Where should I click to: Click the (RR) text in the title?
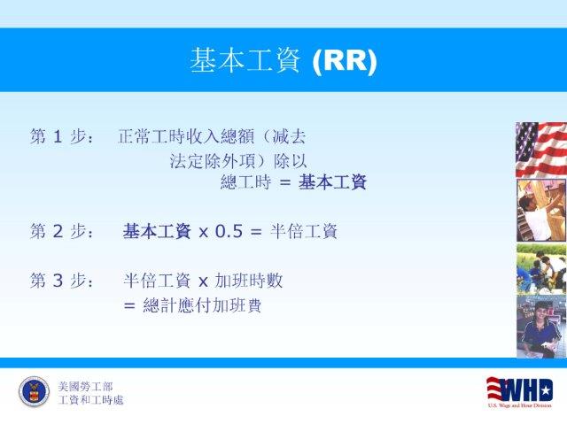(x=345, y=61)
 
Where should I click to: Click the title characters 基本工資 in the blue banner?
(x=245, y=60)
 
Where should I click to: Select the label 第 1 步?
(x=58, y=136)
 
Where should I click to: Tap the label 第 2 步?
(x=58, y=231)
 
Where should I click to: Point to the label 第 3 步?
(x=58, y=281)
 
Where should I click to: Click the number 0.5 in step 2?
(x=229, y=231)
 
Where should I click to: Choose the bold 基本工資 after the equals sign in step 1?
(x=332, y=181)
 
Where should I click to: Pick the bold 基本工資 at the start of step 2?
(x=157, y=231)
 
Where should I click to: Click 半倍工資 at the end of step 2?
(x=304, y=231)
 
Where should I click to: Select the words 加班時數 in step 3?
(x=249, y=281)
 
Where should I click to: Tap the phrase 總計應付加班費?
(x=202, y=305)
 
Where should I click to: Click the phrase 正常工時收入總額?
(x=186, y=136)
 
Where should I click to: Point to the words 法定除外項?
(x=213, y=161)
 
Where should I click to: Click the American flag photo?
(x=541, y=150)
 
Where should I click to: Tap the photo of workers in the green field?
(x=541, y=269)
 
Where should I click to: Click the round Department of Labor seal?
(x=34, y=392)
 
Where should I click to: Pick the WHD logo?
(x=520, y=392)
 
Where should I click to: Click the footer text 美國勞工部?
(x=85, y=387)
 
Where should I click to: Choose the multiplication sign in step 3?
(x=203, y=281)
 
